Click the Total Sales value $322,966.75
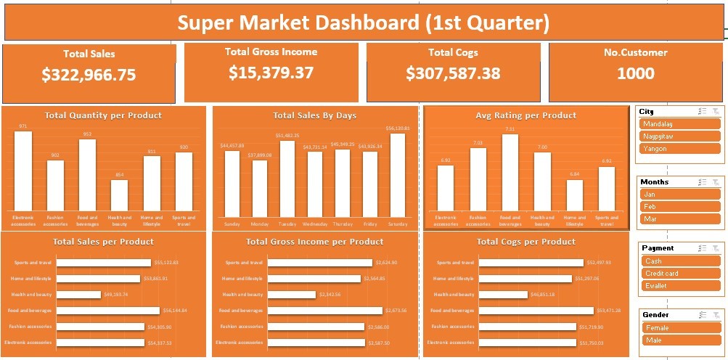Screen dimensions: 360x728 89,75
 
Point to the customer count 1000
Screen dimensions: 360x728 635,73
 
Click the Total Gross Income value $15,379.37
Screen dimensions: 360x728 271,73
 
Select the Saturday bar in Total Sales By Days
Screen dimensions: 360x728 397,175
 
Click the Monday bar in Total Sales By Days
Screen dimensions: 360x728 259,188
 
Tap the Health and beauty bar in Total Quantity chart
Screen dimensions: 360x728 119,195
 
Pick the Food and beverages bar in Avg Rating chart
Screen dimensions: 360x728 510,172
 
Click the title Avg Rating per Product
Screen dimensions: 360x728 525,115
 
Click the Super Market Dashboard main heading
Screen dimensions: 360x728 363,24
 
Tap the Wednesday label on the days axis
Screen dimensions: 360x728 314,224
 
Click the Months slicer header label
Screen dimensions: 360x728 655,182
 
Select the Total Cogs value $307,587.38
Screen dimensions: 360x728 453,73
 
